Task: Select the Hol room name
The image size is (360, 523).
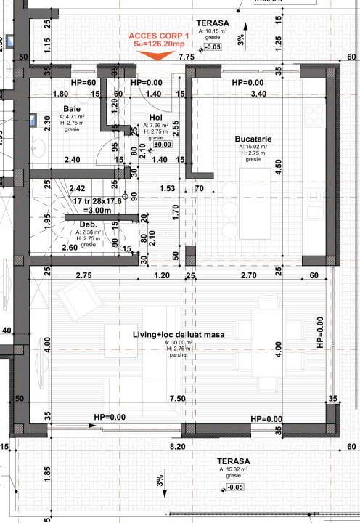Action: (155, 117)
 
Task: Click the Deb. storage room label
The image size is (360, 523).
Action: (88, 224)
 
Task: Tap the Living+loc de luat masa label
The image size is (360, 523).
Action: (178, 335)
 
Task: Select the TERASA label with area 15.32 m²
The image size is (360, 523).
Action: (234, 461)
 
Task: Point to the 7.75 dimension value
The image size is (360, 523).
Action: (187, 56)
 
